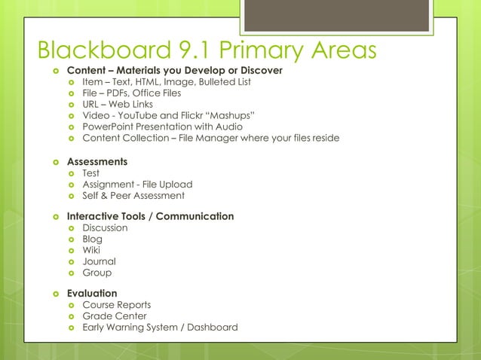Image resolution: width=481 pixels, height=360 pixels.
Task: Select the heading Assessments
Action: tap(97, 162)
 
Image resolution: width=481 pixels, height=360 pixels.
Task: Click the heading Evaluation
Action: tap(92, 293)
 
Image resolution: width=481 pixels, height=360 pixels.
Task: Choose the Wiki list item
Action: tap(91, 250)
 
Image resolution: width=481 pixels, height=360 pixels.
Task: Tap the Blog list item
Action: tap(92, 239)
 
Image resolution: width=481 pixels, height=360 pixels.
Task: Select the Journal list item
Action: tap(98, 261)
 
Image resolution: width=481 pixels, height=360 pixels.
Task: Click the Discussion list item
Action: tap(105, 227)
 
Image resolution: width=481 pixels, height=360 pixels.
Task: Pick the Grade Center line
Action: tap(115, 316)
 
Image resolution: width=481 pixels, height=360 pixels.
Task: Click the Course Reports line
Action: tap(116, 304)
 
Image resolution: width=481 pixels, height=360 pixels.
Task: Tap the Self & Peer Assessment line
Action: tap(133, 195)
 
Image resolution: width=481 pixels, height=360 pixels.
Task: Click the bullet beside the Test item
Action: tap(71, 173)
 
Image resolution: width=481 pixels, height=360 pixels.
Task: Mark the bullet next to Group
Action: tap(71, 273)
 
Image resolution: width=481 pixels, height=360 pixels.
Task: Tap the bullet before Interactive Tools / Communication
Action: tap(54, 217)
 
